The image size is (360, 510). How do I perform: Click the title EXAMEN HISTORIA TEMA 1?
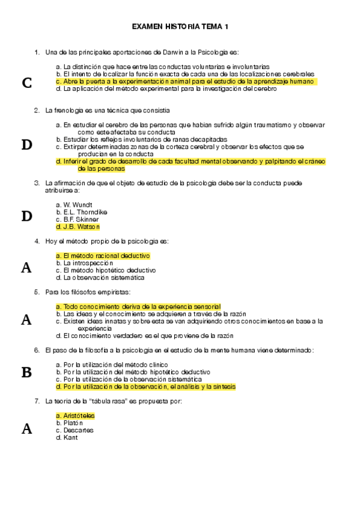(x=180, y=26)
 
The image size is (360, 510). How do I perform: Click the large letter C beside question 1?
(x=26, y=83)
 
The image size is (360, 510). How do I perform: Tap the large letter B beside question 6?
(x=26, y=372)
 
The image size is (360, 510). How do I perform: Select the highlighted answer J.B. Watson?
(x=78, y=227)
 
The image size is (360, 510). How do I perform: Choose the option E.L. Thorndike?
(x=81, y=212)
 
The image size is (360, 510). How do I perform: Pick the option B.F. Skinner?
(x=80, y=220)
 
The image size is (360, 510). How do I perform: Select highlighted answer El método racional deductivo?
(x=103, y=256)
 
